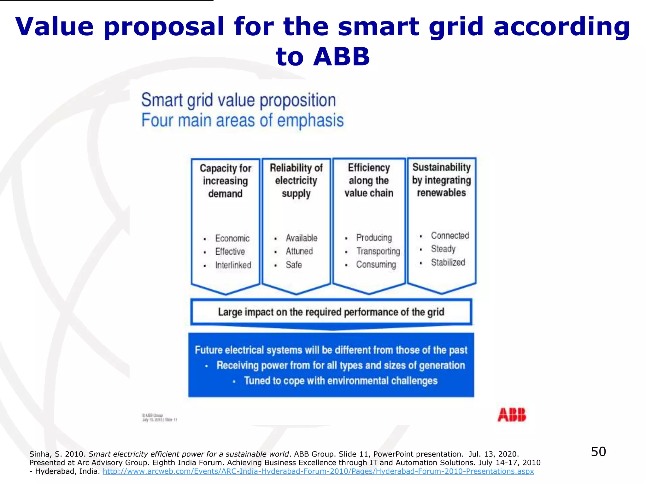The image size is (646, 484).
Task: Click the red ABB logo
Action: click(x=512, y=415)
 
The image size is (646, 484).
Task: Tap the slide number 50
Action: click(x=598, y=452)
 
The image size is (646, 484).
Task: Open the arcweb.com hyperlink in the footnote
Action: click(x=318, y=471)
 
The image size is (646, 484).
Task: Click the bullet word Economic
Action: click(x=232, y=238)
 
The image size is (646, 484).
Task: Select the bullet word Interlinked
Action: click(x=233, y=265)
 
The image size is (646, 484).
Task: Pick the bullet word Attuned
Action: click(x=299, y=251)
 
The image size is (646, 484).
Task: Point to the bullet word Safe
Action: click(x=294, y=265)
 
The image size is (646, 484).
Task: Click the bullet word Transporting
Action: click(x=378, y=251)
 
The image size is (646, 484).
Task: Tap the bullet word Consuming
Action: click(x=376, y=264)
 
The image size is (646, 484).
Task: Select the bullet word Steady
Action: click(x=443, y=249)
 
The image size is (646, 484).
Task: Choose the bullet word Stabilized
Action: click(x=448, y=262)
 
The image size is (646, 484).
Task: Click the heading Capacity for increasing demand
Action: click(x=226, y=181)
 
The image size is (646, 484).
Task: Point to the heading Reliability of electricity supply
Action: click(x=296, y=180)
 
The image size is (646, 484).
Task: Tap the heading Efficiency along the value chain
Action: click(x=369, y=180)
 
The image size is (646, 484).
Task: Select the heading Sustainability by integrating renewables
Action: click(x=441, y=180)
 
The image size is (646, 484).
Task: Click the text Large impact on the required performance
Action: click(x=331, y=312)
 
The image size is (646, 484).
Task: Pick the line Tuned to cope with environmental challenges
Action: click(x=341, y=381)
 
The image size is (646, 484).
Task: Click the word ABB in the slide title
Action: click(x=341, y=57)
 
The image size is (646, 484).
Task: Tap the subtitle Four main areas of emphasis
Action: click(x=242, y=120)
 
